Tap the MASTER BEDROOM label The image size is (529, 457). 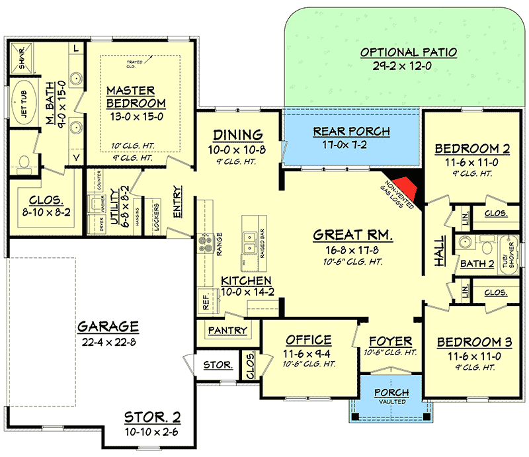(136, 97)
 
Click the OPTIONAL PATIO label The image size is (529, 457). (408, 52)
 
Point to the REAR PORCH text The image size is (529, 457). (351, 132)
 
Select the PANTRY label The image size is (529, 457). (227, 330)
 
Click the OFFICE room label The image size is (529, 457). (308, 340)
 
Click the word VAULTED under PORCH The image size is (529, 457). (392, 401)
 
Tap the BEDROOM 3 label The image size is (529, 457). (474, 342)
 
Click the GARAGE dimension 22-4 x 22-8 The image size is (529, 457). (108, 341)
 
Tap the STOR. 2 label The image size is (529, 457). (152, 419)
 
